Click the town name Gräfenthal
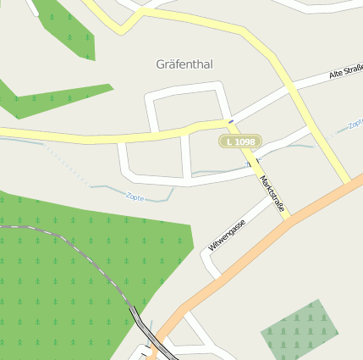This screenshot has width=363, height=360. point(184,64)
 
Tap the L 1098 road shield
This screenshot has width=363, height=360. point(240,141)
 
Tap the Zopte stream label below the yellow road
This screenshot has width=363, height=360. point(134,197)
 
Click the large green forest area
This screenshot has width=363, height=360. point(76,271)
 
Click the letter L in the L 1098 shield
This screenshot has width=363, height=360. point(230,141)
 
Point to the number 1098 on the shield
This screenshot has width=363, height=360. point(245,141)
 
